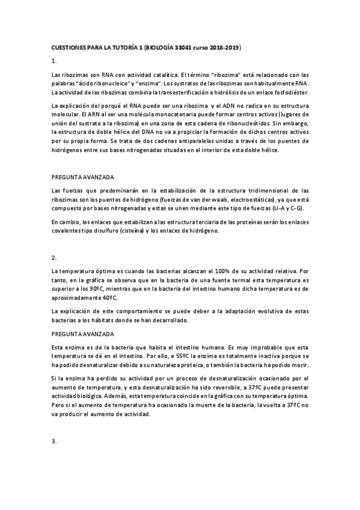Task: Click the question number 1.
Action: point(54,61)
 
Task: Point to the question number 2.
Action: point(54,258)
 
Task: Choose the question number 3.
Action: point(54,442)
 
